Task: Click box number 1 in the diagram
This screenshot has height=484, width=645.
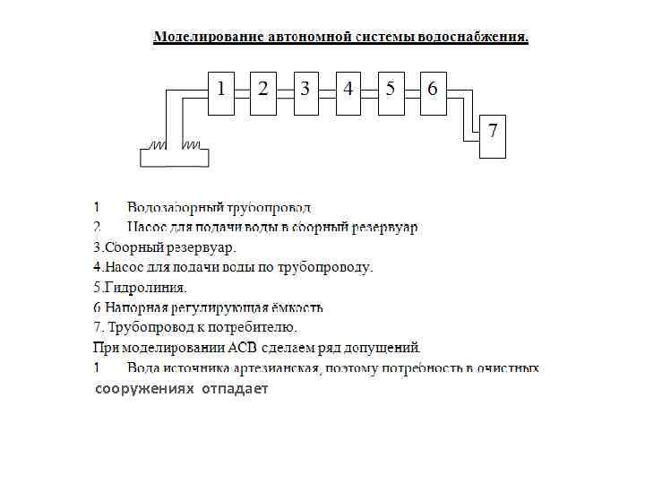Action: click(221, 92)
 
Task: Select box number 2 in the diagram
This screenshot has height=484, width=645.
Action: click(263, 92)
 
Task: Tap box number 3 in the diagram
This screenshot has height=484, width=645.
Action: click(305, 92)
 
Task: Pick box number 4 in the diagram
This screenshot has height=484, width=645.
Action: click(348, 92)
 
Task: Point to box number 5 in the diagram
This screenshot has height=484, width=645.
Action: click(391, 92)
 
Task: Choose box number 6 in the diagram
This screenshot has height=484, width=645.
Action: click(433, 92)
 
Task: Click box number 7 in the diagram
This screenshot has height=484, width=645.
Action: click(493, 136)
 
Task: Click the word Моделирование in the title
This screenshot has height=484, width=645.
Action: click(208, 38)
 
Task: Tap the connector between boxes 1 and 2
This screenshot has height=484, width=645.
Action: click(242, 92)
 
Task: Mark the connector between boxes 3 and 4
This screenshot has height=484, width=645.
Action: click(327, 92)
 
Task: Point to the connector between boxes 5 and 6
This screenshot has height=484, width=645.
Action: click(412, 92)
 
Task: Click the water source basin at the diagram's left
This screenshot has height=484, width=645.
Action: click(175, 157)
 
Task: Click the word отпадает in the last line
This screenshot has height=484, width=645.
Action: click(235, 389)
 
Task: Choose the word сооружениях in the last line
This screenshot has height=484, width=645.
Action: click(144, 389)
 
